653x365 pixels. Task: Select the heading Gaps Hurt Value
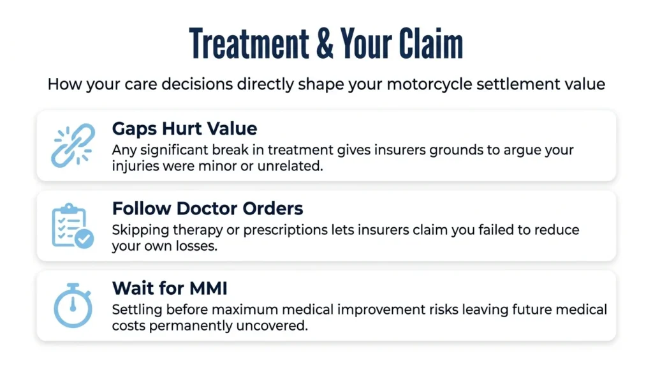[x=184, y=129]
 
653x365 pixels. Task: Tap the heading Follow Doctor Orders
[x=207, y=208]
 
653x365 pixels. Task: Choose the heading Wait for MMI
[x=170, y=288]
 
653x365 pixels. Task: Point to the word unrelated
[x=290, y=166]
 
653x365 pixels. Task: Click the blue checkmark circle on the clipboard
[x=84, y=239]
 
